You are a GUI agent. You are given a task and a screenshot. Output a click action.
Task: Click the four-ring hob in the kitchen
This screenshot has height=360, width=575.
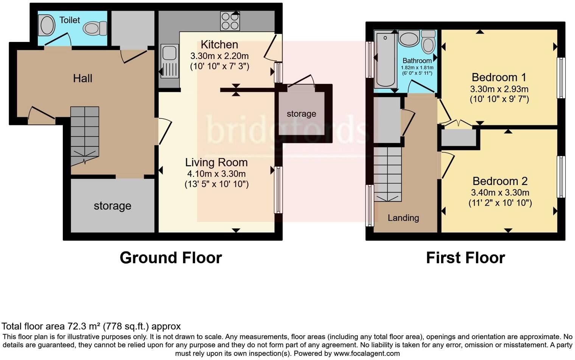tap(230, 21)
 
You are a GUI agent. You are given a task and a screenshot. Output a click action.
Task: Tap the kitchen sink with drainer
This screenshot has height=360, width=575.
tap(169, 61)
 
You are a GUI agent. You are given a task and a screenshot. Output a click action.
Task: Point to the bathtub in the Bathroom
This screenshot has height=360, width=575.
tap(385, 59)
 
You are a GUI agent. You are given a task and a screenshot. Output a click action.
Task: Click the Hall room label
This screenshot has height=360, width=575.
tap(82, 78)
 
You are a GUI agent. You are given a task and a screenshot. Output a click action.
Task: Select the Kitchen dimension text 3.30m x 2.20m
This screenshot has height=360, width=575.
tap(219, 56)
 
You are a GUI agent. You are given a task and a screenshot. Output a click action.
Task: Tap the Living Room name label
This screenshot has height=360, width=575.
tap(216, 163)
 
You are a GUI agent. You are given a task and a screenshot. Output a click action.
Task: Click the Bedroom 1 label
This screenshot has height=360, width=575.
tap(499, 78)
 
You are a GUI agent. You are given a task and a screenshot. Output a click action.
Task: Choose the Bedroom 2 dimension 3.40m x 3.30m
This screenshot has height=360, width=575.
tap(500, 192)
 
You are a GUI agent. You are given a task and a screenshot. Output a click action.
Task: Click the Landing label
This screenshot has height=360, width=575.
tap(403, 218)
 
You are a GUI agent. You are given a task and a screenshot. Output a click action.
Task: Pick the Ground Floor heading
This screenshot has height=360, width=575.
tap(171, 258)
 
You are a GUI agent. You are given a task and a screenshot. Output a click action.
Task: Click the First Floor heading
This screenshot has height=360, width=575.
tap(465, 258)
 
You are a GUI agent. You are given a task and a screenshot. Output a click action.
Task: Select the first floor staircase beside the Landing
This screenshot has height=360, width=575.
tap(388, 174)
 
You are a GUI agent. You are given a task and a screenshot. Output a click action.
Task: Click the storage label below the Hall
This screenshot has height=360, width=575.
tap(112, 206)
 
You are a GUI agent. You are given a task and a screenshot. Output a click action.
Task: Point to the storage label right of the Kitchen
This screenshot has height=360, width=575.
tap(301, 114)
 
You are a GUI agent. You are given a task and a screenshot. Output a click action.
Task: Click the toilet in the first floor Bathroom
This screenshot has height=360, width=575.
tap(428, 43)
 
